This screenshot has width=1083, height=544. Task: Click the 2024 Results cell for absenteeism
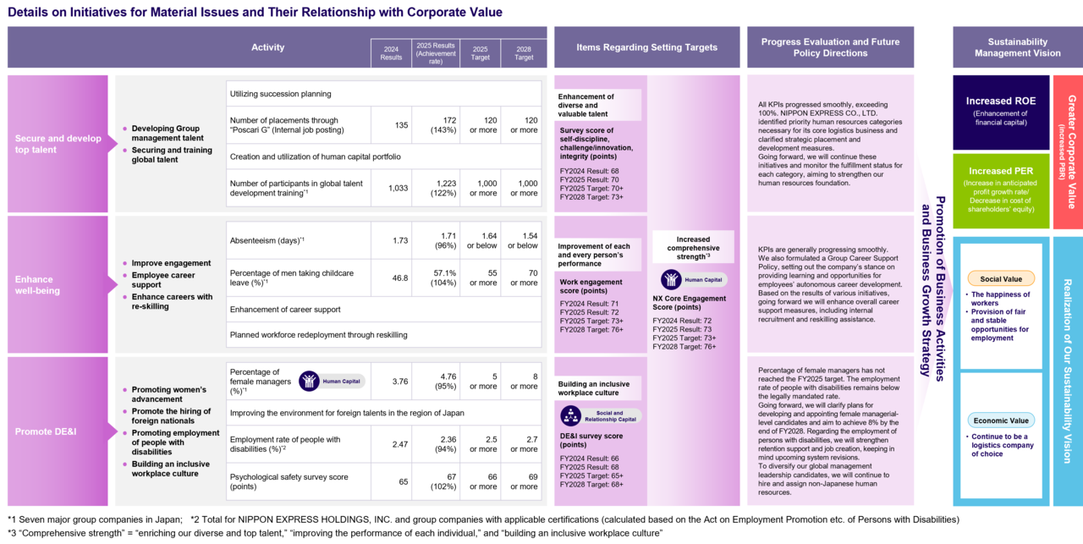[391, 240]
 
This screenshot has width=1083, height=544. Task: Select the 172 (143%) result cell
[436, 124]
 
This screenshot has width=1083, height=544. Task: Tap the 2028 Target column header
[524, 53]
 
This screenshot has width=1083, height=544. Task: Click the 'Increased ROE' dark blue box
[1001, 113]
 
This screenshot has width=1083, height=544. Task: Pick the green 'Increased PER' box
[1001, 191]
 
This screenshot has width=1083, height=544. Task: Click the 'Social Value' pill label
[1001, 279]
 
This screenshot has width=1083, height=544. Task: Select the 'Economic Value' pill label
[1001, 420]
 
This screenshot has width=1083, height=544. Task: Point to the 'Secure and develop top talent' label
[58, 144]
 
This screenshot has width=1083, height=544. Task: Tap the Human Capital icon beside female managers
[309, 381]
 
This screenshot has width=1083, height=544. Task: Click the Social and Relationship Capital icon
[570, 416]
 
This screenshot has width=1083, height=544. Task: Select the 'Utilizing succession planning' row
[384, 94]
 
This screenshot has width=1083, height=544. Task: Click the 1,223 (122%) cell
[436, 188]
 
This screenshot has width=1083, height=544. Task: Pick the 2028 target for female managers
[524, 381]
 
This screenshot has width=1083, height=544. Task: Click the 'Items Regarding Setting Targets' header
[647, 47]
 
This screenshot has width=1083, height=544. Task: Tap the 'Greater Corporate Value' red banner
[1068, 151]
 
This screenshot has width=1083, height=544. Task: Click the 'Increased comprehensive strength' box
[693, 248]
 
